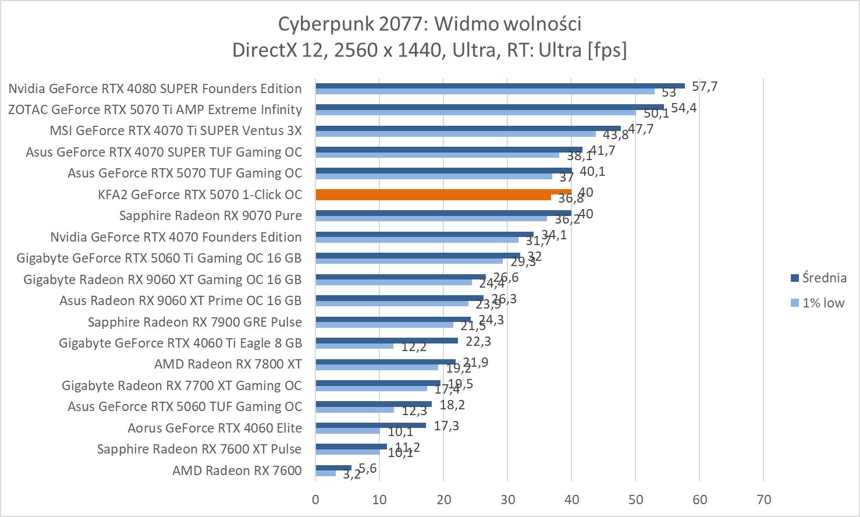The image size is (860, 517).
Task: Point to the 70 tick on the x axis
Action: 763,500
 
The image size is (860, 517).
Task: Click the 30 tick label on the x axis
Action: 507,500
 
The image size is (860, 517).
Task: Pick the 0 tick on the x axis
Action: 315,500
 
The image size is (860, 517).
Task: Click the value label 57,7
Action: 705,87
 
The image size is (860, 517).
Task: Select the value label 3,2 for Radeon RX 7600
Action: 351,474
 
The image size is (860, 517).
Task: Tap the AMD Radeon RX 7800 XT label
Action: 228,364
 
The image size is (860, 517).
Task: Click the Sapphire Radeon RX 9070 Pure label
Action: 210,215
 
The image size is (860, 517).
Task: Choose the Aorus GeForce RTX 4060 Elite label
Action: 215,428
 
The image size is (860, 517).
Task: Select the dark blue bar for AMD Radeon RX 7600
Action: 333,468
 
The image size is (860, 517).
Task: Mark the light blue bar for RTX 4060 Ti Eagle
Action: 354,346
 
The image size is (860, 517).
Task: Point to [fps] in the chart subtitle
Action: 607,50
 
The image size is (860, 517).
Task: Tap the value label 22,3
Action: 478,341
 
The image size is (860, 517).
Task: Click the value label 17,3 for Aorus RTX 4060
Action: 446,426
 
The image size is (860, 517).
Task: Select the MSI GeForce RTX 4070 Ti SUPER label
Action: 176,130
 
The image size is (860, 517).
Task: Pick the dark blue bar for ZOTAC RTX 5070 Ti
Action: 489,107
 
